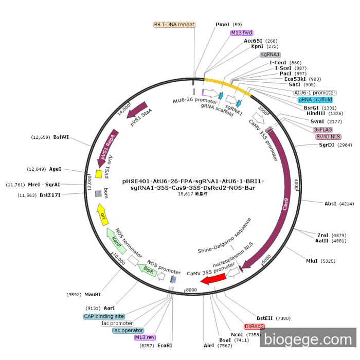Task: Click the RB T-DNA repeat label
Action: point(174,25)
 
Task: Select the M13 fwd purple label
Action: point(242,32)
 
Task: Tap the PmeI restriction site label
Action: point(223,25)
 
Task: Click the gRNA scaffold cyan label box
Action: point(315,100)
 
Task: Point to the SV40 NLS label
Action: point(328,137)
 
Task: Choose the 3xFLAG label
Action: point(323,130)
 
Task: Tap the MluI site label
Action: point(312,261)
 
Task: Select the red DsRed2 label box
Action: point(255,327)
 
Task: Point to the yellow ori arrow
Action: point(102,212)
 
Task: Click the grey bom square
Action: point(98,193)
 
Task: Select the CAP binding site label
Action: point(104,316)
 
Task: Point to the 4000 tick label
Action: point(296,184)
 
